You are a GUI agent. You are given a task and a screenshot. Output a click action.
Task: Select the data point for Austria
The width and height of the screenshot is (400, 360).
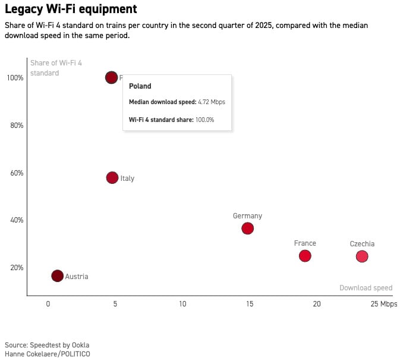(x=57, y=276)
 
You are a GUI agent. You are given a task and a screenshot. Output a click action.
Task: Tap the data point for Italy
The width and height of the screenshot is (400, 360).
(x=112, y=178)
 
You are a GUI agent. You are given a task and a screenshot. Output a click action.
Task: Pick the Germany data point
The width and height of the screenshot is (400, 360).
(x=248, y=228)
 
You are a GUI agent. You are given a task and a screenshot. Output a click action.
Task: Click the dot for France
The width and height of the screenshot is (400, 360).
(x=305, y=256)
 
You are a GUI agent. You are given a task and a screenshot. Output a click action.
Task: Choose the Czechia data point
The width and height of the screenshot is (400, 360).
(x=362, y=256)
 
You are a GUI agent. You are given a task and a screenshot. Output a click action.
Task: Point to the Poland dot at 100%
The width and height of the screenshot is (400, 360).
(x=111, y=77)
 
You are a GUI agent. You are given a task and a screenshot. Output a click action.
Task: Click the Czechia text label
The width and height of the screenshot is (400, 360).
(x=362, y=244)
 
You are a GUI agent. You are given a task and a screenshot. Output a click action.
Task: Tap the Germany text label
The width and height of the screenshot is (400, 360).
(x=247, y=216)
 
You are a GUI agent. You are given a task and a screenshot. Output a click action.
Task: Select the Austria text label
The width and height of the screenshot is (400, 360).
(x=77, y=277)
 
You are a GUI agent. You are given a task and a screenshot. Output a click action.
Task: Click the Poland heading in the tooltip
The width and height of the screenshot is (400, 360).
(x=140, y=86)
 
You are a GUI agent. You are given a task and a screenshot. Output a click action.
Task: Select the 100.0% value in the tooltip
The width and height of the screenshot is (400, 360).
(x=204, y=120)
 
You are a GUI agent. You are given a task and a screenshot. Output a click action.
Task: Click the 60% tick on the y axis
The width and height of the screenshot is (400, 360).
(x=15, y=173)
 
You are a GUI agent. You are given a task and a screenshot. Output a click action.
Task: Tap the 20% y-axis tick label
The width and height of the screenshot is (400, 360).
(x=15, y=268)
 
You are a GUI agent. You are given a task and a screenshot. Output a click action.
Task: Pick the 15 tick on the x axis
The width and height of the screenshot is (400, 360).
(x=250, y=304)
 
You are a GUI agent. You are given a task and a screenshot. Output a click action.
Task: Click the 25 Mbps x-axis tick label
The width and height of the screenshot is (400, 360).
(x=383, y=304)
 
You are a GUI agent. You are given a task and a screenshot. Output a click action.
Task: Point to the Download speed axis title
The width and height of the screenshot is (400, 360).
(x=366, y=288)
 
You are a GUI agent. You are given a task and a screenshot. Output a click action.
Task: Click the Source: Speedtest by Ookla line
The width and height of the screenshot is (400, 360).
(x=47, y=345)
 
